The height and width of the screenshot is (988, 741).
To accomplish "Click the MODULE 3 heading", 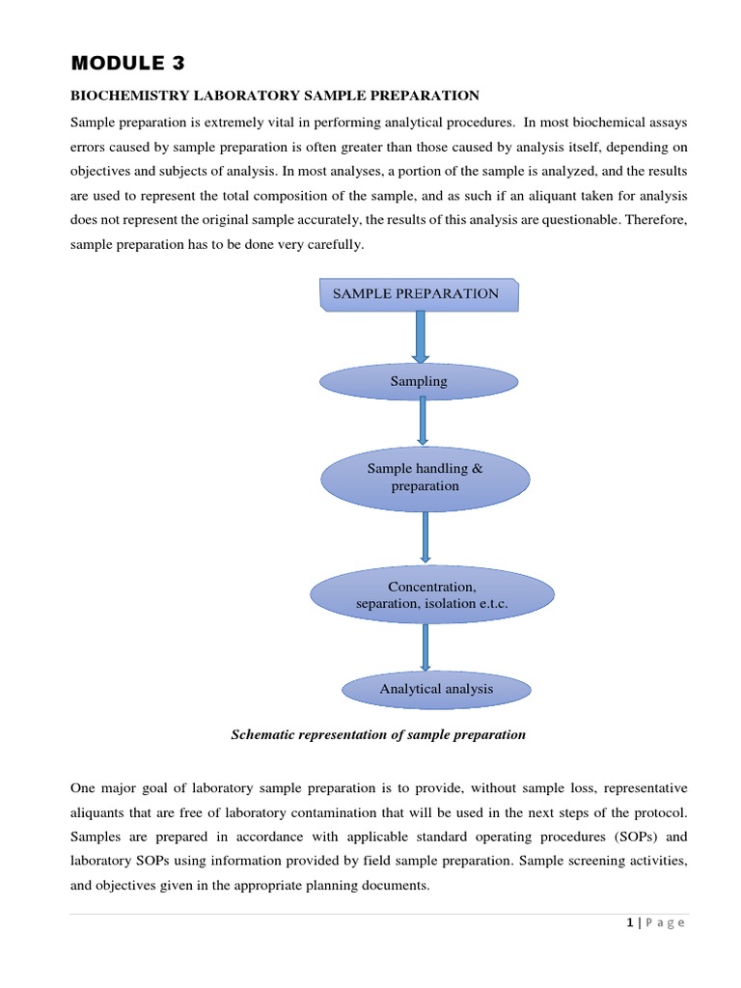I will click(x=127, y=64).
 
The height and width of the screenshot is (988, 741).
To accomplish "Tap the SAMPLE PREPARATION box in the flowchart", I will click(x=417, y=294).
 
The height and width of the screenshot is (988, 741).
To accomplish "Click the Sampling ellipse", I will click(x=419, y=381).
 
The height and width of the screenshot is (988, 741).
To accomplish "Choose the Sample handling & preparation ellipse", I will click(x=425, y=478).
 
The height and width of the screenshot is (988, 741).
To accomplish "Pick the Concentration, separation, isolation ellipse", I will click(x=431, y=595).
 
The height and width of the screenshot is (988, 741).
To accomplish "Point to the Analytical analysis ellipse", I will click(x=436, y=689).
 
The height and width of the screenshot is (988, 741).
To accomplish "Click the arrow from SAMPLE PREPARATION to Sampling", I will click(x=421, y=337).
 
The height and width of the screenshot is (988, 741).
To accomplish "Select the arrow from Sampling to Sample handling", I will click(x=423, y=421).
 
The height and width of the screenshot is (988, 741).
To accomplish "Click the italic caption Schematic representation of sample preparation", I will click(x=378, y=734).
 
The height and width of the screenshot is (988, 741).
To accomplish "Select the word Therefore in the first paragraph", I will click(x=655, y=219).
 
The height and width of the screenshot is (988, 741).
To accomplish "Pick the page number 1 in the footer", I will click(x=630, y=923).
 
